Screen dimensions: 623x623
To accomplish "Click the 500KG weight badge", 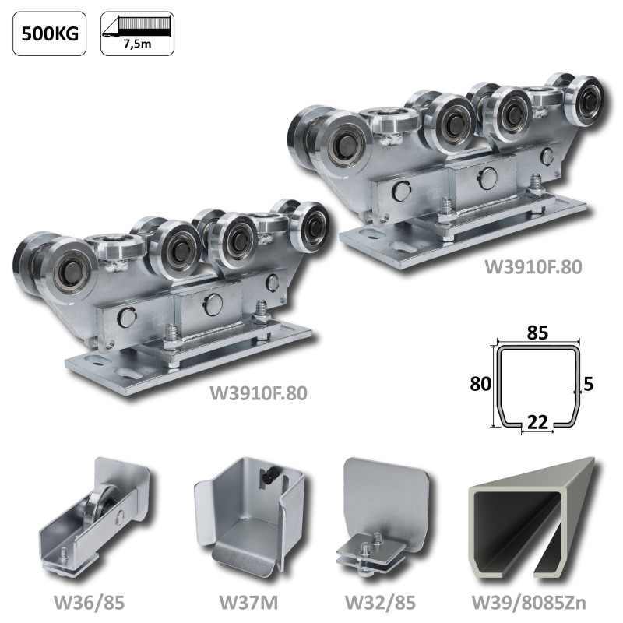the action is [x=50, y=33].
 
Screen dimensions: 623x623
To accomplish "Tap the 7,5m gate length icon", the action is [x=138, y=33].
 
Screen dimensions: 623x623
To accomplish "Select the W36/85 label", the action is [x=90, y=602].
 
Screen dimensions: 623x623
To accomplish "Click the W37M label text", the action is [x=248, y=602].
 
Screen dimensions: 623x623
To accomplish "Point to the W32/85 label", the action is [x=380, y=602].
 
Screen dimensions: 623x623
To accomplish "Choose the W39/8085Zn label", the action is [x=529, y=602].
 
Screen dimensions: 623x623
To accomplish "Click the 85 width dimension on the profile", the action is [x=537, y=333].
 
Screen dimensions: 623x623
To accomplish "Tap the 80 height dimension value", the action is [x=480, y=384].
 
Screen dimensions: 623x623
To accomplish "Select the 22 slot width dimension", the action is [x=537, y=422].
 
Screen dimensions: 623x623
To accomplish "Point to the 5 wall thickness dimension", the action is [x=589, y=384].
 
